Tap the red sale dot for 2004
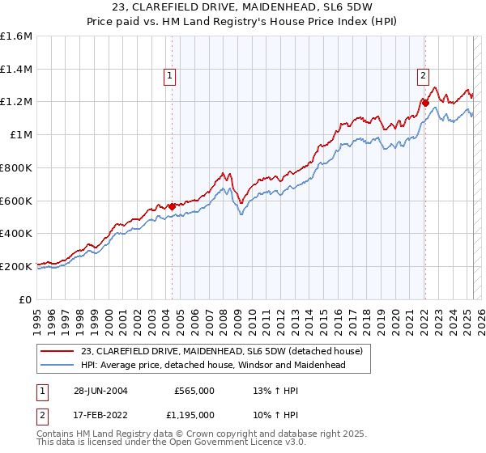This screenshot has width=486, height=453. pyautogui.click(x=172, y=206)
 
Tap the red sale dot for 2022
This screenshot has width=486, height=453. pyautogui.click(x=425, y=103)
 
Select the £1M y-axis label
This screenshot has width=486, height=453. pyautogui.click(x=21, y=134)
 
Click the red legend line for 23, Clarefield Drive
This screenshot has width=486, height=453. pyautogui.click(x=58, y=351)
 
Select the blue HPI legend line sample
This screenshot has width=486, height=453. pyautogui.click(x=58, y=365)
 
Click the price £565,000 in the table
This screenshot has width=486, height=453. pyautogui.click(x=194, y=390)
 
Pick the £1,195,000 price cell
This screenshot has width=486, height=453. pyautogui.click(x=189, y=414)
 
